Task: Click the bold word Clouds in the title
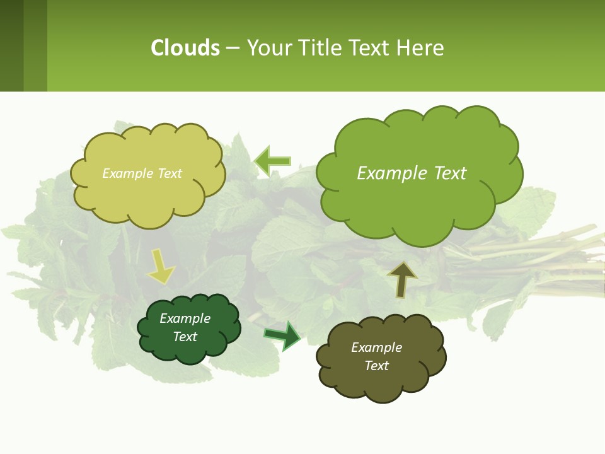[x=185, y=48]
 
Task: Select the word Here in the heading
[x=420, y=48]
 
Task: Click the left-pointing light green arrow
[x=272, y=161]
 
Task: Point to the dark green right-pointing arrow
[x=283, y=335]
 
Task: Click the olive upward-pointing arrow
[x=401, y=280]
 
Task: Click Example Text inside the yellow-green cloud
[x=142, y=173]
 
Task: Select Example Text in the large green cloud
[x=412, y=173]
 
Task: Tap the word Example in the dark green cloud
[x=185, y=318]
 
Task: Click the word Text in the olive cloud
[x=376, y=366]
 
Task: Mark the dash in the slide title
[x=233, y=48]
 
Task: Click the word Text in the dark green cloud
[x=185, y=337]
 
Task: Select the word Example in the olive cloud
[x=376, y=347]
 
